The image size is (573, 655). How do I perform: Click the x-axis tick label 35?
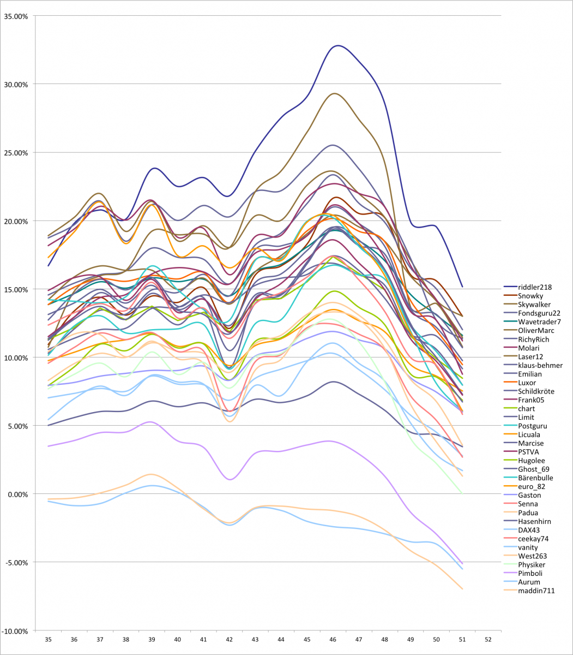48,639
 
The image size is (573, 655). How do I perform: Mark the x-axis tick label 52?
488,639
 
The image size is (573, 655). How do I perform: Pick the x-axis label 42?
230,639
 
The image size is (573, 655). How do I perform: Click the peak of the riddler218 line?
338,45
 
